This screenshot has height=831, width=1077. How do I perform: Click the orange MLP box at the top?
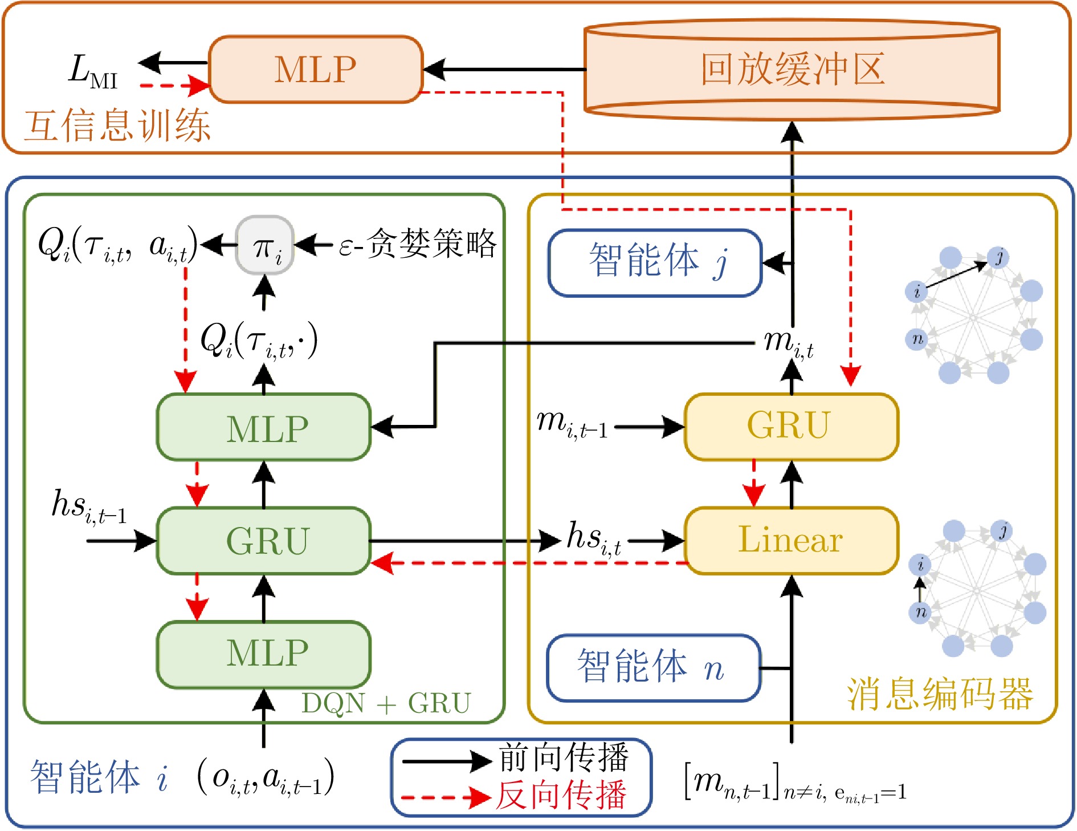[x=316, y=70]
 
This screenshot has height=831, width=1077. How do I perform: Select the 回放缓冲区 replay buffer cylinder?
[x=792, y=70]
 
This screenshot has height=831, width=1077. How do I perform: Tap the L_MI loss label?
[x=93, y=71]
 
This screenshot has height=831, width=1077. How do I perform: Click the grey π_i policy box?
[x=265, y=245]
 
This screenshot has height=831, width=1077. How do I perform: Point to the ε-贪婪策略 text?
[x=418, y=244]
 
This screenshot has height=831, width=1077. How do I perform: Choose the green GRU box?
[x=264, y=541]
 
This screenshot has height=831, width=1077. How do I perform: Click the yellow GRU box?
[x=792, y=426]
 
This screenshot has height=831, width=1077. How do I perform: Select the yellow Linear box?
[x=792, y=540]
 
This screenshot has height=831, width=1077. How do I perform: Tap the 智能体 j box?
[x=655, y=263]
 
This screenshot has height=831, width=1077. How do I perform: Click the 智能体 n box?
[x=654, y=667]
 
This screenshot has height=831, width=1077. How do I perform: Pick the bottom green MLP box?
[x=264, y=654]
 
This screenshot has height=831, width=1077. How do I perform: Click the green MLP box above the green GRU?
[x=264, y=427]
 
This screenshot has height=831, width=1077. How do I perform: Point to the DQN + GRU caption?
[x=386, y=703]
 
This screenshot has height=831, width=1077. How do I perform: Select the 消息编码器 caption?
[x=940, y=694]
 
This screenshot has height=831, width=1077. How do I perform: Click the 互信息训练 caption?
[x=117, y=125]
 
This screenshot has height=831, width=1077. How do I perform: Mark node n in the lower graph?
[x=920, y=612]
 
